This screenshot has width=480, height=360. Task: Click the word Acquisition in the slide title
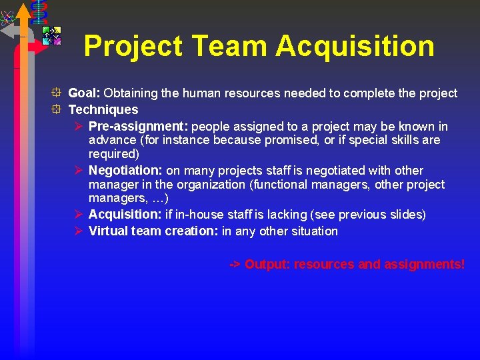click(355, 47)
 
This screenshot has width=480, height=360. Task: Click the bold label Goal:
click(85, 93)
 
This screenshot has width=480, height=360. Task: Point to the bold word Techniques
click(103, 109)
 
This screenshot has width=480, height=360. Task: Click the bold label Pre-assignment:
click(138, 126)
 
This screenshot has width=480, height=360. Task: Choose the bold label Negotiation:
click(126, 171)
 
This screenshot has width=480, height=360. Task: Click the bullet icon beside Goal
click(59, 93)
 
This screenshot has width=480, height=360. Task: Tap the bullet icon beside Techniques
click(59, 109)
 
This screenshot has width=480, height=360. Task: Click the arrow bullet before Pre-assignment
click(78, 126)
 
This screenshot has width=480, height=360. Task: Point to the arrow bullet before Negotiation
click(78, 171)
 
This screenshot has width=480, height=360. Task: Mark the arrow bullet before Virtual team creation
click(78, 231)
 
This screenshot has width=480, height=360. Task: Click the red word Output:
click(267, 265)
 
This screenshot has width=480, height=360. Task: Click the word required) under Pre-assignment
click(113, 154)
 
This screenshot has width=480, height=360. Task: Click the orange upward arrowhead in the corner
click(23, 11)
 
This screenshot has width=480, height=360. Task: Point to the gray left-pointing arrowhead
click(8, 30)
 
